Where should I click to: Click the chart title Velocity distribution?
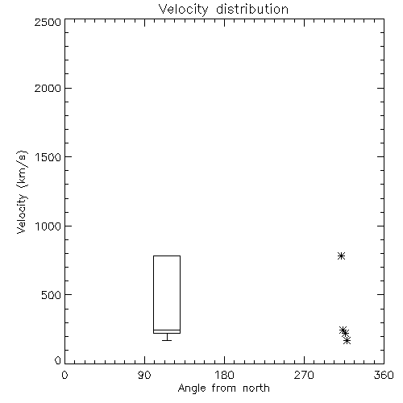tap(223, 9)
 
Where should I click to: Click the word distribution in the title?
tap(252, 9)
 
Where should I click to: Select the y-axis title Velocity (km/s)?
tap(22, 192)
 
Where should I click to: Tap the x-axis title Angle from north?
tap(223, 388)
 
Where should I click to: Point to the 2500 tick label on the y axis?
tap(48, 22)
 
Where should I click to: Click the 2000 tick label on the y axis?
tap(48, 88)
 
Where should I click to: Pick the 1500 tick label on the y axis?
tap(48, 157)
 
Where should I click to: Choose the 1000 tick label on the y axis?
tap(48, 226)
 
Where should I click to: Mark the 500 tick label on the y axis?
tap(52, 295)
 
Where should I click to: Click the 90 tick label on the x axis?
tap(144, 375)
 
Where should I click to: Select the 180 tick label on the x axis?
tap(224, 375)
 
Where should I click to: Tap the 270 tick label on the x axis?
tap(304, 375)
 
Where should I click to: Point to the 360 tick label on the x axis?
tap(384, 375)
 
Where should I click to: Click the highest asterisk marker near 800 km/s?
tap(341, 256)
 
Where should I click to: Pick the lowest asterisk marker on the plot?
tap(347, 341)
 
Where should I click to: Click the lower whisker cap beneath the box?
tap(167, 340)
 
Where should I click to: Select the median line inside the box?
tap(167, 330)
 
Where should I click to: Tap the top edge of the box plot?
tap(167, 256)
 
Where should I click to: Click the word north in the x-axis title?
tap(256, 388)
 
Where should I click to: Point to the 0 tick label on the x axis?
tap(64, 375)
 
